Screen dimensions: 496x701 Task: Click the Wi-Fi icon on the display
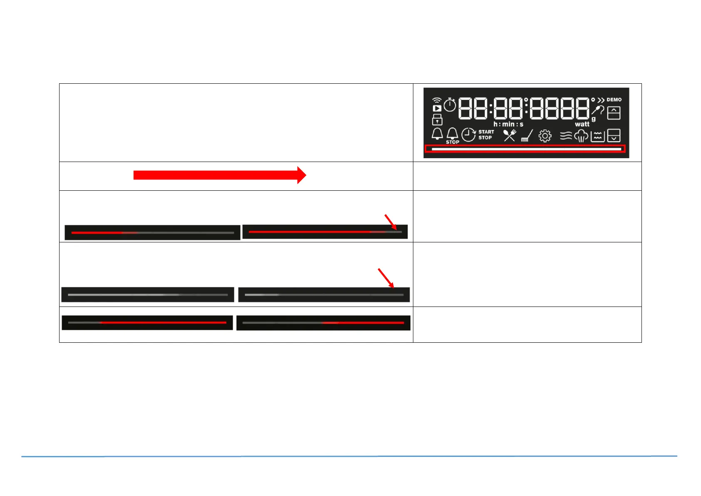tap(437, 100)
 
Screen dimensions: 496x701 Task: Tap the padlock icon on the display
tap(437, 120)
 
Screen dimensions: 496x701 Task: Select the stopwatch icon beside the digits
tap(450, 105)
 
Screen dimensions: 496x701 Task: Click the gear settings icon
tap(544, 136)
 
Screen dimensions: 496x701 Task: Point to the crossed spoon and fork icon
tap(510, 135)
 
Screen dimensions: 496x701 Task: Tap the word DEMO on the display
tap(614, 100)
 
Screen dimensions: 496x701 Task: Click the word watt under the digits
tap(582, 124)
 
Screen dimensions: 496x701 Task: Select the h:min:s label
tap(508, 124)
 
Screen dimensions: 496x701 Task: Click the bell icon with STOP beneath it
tap(452, 134)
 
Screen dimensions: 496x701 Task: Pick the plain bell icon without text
tap(437, 134)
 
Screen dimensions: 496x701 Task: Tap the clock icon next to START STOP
tap(469, 135)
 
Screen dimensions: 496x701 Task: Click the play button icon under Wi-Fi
tap(437, 109)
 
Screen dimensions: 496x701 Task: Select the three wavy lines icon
tap(566, 136)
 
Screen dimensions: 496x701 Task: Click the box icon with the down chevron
tap(614, 136)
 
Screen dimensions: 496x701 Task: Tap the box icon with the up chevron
tap(614, 113)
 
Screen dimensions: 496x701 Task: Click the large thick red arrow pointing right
tap(219, 175)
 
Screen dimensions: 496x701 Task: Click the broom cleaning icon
tap(527, 136)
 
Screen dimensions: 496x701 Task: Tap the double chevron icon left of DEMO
tap(601, 100)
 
